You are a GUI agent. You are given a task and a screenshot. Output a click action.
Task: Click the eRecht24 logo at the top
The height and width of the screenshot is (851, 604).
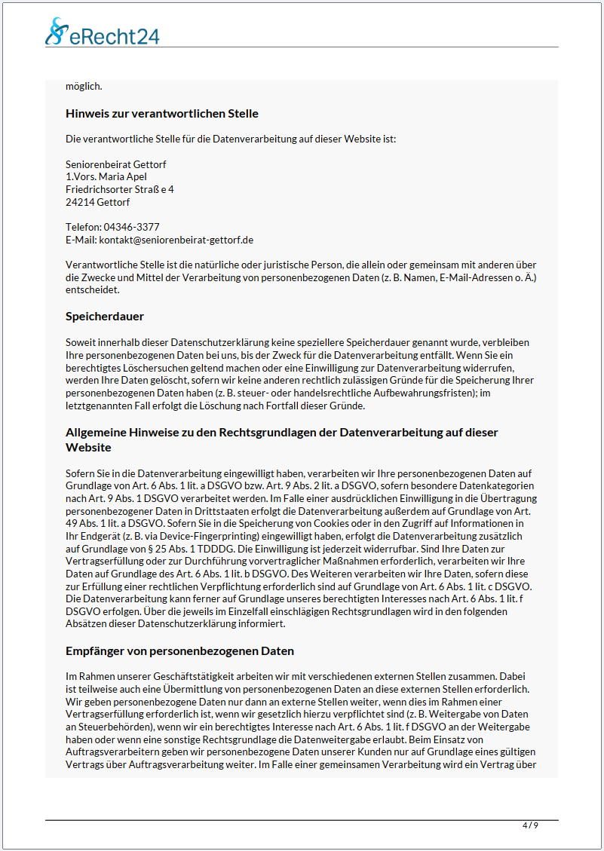103,33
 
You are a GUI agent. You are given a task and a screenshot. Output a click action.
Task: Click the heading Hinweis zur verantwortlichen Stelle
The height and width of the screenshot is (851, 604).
162,114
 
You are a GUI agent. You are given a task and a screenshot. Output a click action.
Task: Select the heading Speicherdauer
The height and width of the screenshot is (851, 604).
105,316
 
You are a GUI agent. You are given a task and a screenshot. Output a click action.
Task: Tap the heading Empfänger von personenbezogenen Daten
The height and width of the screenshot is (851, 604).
179,650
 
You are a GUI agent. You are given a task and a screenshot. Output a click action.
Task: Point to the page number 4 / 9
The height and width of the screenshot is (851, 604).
530,825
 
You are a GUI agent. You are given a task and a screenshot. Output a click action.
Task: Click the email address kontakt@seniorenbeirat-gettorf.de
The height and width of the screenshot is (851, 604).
176,240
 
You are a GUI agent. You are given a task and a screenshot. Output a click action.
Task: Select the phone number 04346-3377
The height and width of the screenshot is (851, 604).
131,227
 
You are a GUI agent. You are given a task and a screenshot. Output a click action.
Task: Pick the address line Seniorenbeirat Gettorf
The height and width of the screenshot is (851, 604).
115,164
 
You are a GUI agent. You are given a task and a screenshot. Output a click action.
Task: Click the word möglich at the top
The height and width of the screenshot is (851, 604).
84,86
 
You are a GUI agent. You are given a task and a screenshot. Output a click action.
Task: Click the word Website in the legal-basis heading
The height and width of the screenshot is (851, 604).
88,447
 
